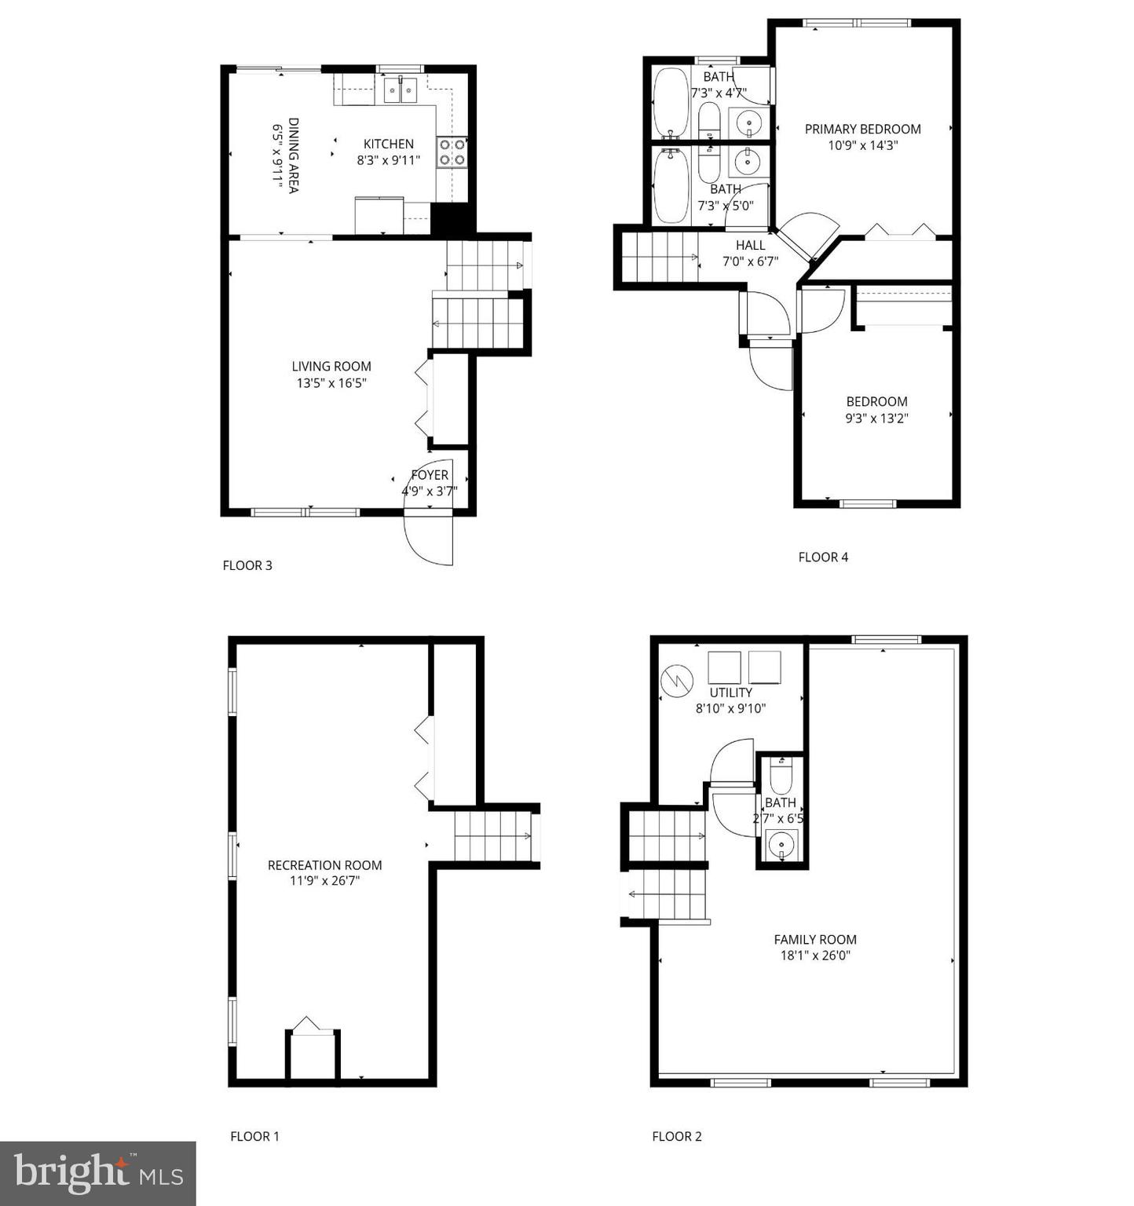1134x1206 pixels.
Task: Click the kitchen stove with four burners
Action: pos(452,152)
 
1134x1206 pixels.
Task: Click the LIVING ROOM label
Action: pos(331,367)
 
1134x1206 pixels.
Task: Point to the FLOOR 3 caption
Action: pos(247,565)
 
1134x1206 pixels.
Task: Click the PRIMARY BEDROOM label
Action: pos(862,130)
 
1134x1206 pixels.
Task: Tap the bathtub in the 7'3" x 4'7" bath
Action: pos(670,102)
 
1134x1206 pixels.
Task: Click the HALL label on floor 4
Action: pos(750,246)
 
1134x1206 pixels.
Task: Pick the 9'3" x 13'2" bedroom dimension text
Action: pos(876,418)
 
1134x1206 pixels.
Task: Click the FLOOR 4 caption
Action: pos(823,557)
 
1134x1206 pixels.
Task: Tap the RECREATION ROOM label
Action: pos(324,865)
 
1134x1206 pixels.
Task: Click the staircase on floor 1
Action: pos(492,836)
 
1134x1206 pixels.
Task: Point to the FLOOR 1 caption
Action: pos(254,1136)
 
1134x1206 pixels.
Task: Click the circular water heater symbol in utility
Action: pos(676,681)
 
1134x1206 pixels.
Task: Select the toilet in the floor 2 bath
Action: pos(781,776)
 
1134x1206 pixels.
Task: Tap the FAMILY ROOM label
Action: pos(815,940)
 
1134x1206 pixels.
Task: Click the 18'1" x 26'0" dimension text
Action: pos(815,956)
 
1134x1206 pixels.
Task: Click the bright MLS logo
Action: pos(98,1174)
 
